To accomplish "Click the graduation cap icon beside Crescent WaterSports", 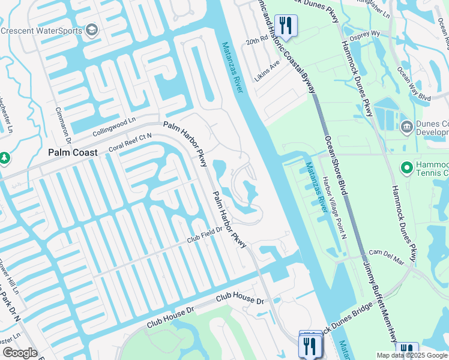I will [x=92, y=29].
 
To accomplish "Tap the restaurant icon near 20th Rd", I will [x=285, y=25].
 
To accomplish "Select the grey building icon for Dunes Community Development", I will [x=406, y=127].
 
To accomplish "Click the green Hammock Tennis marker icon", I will [x=406, y=167].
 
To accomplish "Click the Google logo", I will [x=20, y=352].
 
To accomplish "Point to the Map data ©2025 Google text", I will [x=411, y=355].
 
